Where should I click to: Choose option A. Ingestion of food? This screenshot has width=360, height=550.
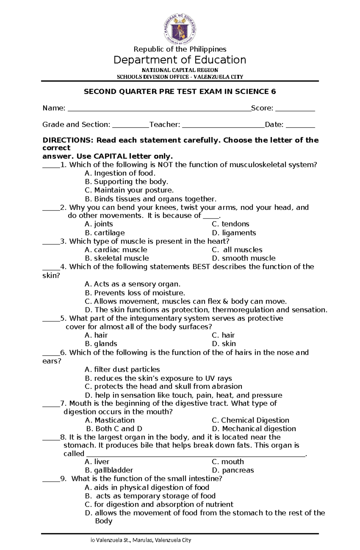point(120,173)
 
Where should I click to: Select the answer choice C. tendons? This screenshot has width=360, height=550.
point(230,224)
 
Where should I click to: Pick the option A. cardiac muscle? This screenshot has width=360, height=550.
point(116,250)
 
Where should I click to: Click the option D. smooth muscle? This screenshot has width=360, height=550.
point(244,258)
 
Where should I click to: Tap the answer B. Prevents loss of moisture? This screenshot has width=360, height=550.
point(135,293)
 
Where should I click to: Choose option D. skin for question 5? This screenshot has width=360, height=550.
point(224,343)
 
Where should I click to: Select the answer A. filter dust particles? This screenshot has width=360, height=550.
point(122,369)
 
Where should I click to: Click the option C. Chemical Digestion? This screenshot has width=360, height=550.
point(250,420)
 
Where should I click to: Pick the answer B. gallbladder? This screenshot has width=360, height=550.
point(109,470)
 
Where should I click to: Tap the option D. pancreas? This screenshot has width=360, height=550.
point(233,470)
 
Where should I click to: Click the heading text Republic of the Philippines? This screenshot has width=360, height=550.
point(180,49)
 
